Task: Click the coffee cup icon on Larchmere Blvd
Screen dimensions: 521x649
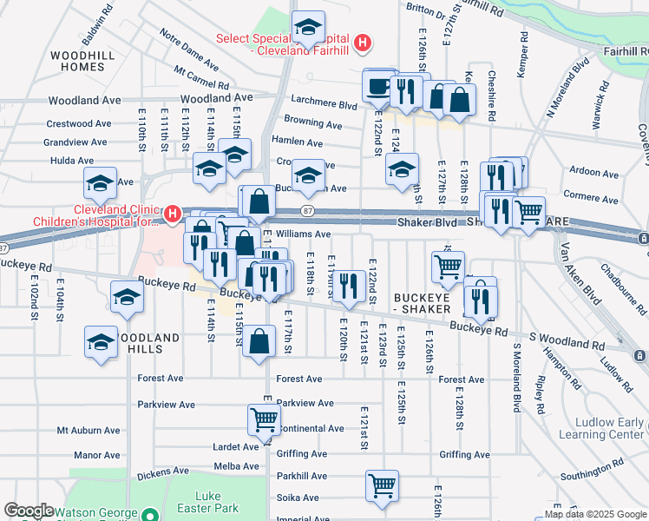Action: tap(379, 87)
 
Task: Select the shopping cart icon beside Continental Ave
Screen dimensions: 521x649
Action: tap(264, 419)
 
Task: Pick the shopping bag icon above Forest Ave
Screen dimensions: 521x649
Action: tap(259, 340)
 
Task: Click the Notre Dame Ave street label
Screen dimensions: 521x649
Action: tap(188, 47)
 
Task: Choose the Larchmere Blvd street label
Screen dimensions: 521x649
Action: tap(324, 105)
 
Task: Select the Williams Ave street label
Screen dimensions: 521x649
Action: tap(304, 234)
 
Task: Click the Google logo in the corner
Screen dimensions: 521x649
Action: tap(29, 511)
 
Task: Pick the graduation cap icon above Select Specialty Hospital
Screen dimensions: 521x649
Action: tap(308, 27)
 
